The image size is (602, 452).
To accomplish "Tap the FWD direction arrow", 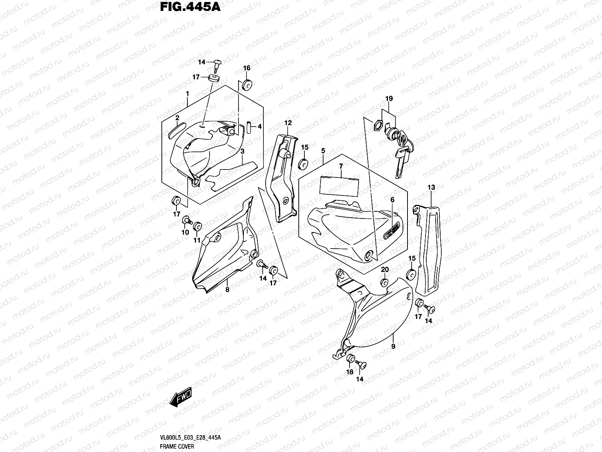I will pyautogui.click(x=181, y=397).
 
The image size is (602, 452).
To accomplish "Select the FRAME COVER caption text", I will pyautogui.click(x=177, y=446).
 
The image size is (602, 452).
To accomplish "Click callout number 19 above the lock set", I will pyautogui.click(x=389, y=99).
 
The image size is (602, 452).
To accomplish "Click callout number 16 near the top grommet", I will pyautogui.click(x=246, y=68).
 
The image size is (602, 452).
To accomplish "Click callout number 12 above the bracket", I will pyautogui.click(x=288, y=122).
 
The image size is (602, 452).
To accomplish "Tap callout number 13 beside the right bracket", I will pyautogui.click(x=431, y=187).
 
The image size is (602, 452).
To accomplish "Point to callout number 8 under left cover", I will pyautogui.click(x=227, y=290).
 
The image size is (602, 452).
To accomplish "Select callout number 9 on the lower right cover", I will pyautogui.click(x=393, y=346).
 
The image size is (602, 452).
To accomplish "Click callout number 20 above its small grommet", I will pyautogui.click(x=385, y=270).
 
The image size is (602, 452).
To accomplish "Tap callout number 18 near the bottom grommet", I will pyautogui.click(x=350, y=372).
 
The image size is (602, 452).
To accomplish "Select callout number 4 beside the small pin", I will pyautogui.click(x=259, y=126).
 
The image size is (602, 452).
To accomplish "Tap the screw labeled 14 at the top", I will pyautogui.click(x=217, y=63).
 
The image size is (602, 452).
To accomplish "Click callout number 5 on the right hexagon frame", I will pyautogui.click(x=323, y=151).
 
